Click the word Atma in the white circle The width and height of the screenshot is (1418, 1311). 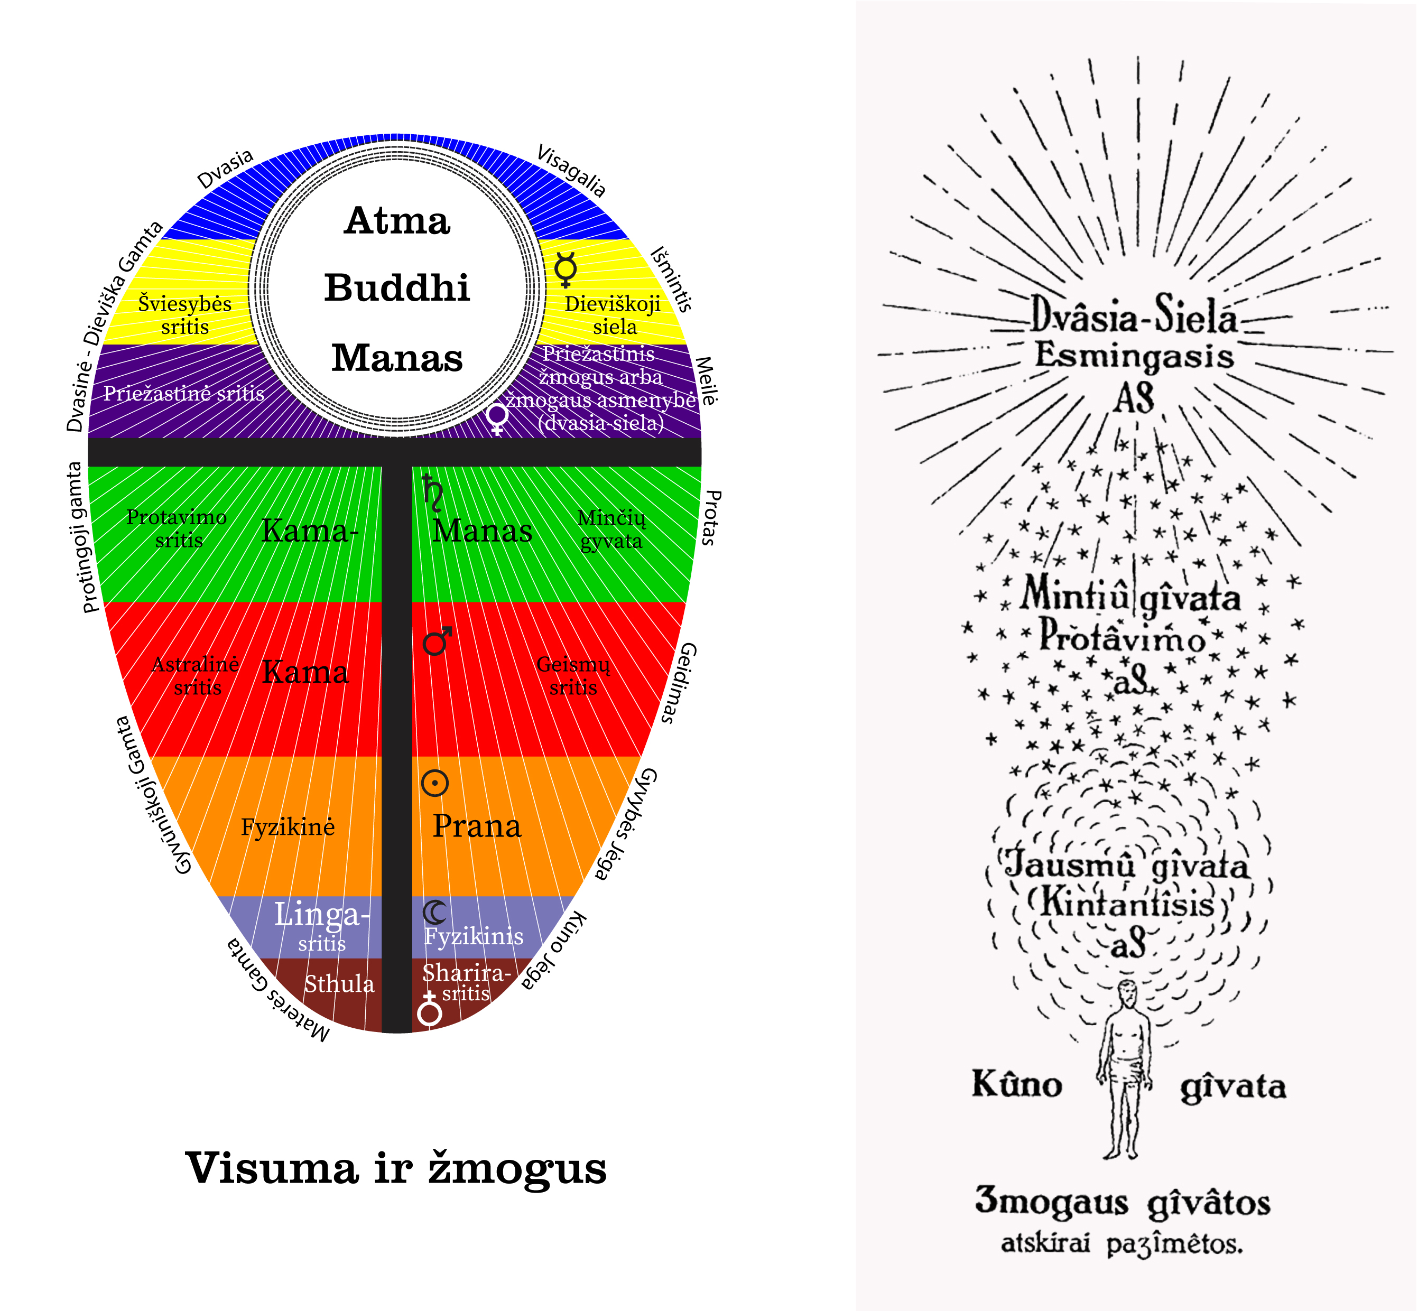[x=397, y=221]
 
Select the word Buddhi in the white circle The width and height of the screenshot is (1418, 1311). [x=397, y=288]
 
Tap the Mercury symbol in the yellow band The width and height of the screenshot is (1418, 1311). [x=566, y=269]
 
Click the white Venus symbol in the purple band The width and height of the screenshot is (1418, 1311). [x=497, y=419]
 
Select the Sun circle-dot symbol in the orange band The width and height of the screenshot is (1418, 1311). [x=435, y=783]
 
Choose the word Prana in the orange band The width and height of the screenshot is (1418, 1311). [x=477, y=826]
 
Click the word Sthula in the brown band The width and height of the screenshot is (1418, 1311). [x=339, y=984]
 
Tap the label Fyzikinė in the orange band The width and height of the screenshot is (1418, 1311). [x=288, y=827]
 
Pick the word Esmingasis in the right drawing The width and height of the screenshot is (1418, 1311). [x=1134, y=355]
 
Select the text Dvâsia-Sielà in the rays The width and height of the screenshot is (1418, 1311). [x=1134, y=315]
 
